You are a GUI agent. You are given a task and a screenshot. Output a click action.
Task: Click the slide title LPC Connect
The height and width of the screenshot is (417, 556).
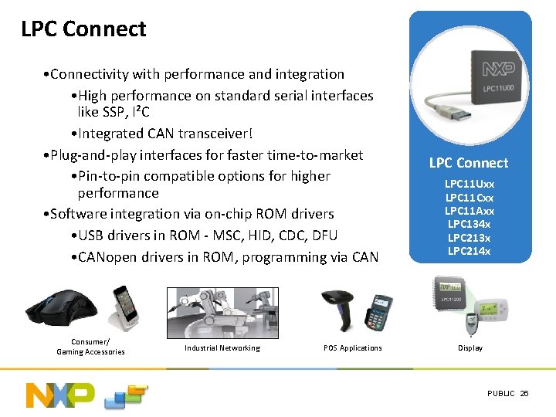[x=83, y=29]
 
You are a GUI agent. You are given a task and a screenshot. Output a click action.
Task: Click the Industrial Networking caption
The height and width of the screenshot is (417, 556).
[x=222, y=348]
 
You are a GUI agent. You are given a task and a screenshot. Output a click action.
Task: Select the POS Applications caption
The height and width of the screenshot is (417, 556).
[x=352, y=348]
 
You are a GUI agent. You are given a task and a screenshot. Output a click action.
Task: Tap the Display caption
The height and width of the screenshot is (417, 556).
[x=470, y=348]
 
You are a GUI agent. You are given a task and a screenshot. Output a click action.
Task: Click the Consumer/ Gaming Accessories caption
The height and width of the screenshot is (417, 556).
[x=90, y=347]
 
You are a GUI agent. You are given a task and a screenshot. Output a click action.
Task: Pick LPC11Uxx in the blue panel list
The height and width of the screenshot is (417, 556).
[x=470, y=185]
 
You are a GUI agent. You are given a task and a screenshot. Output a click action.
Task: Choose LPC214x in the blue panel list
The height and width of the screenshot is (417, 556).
[x=470, y=251]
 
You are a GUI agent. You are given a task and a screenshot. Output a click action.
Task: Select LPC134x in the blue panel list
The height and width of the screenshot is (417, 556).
[x=470, y=224]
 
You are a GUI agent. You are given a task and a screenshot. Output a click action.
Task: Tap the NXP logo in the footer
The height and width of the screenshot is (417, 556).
[x=60, y=395]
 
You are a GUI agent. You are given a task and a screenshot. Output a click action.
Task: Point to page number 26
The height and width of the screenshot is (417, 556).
[x=524, y=394]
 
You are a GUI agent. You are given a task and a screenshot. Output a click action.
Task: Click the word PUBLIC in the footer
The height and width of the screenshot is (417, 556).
[x=500, y=394]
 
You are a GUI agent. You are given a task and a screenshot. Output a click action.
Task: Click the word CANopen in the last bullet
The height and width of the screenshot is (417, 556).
[x=110, y=257]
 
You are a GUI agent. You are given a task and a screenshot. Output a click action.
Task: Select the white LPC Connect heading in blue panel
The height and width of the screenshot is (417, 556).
[x=469, y=163]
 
